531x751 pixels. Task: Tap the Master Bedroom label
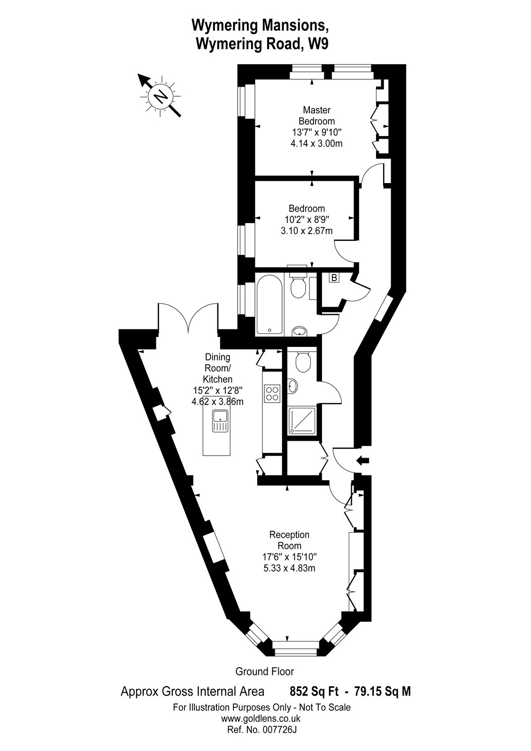pos(316,115)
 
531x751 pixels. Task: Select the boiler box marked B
pos(334,278)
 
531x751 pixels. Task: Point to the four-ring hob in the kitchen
pos(272,393)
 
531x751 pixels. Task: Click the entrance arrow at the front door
pos(363,460)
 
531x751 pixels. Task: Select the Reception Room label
pos(289,540)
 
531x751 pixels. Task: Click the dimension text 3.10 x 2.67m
pos(307,230)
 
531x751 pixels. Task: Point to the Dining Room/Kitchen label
pos(217,368)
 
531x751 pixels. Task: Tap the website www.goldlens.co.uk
pos(261,718)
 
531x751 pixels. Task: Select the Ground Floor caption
pos(265,672)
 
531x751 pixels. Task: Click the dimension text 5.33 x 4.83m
pos(289,568)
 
